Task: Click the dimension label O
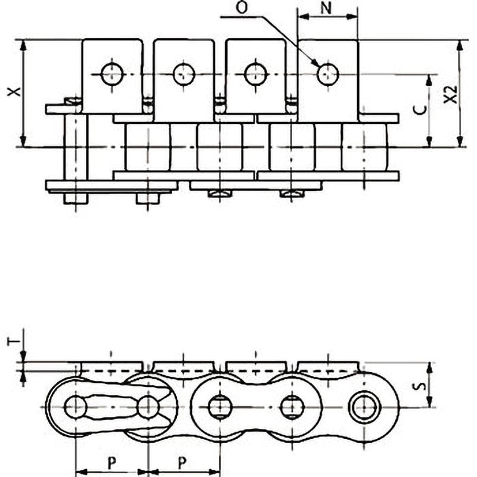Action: point(241,8)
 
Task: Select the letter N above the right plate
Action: point(327,8)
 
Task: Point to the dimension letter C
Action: point(420,109)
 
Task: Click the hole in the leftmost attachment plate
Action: point(111,75)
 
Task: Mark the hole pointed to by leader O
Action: point(327,75)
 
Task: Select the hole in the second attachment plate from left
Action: point(184,75)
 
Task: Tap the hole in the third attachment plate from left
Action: point(255,75)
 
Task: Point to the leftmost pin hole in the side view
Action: point(76,407)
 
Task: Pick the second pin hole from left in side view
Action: point(148,407)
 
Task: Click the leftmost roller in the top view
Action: point(147,147)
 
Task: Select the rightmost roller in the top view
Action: point(364,147)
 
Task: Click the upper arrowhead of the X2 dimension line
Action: point(460,45)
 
